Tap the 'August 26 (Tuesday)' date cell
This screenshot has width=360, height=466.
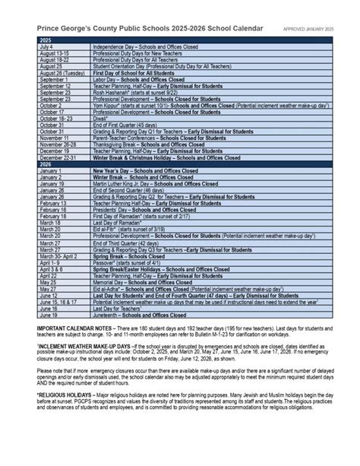click(60, 73)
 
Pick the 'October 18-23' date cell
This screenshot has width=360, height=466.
click(53, 119)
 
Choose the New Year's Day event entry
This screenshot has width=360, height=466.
click(145, 172)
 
